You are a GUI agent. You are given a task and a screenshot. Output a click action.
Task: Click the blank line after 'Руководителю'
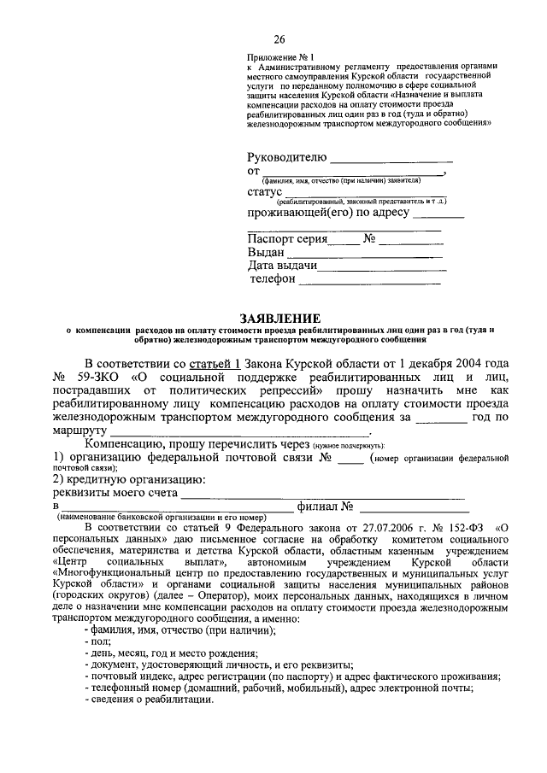[391, 159]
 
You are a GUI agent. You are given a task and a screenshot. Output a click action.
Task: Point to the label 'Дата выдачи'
[283, 266]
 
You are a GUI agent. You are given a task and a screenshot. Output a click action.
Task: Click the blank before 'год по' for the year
[440, 419]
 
